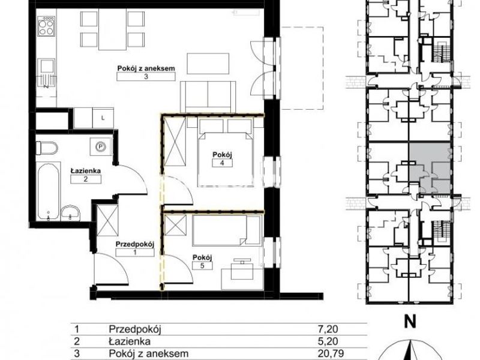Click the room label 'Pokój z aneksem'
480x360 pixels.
[146, 68]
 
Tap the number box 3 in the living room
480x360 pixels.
[146, 77]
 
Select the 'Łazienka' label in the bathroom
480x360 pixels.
[86, 171]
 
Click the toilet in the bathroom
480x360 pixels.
[47, 148]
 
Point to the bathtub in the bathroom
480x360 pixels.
[49, 191]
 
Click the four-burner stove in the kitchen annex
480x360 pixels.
[46, 26]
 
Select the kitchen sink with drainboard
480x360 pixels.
[46, 74]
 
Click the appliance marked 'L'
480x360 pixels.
[103, 118]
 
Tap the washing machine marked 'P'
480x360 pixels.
[100, 147]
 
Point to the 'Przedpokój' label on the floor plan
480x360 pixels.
[134, 244]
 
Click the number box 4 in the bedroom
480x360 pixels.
[222, 163]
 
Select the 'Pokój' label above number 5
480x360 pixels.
[202, 257]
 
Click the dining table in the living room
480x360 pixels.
[112, 29]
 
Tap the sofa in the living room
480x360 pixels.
[208, 97]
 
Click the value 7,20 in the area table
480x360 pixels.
[328, 329]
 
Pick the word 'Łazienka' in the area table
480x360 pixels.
[130, 341]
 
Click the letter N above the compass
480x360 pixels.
[410, 322]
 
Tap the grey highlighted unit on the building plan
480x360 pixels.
[430, 167]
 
